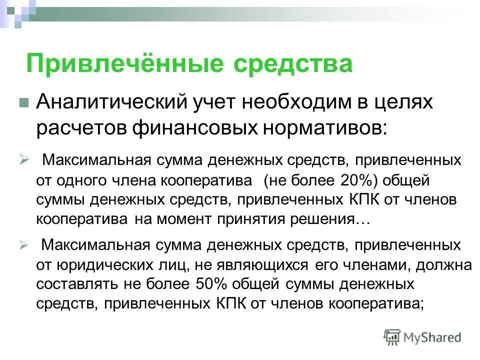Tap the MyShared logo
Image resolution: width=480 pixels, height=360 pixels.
click(422, 337)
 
